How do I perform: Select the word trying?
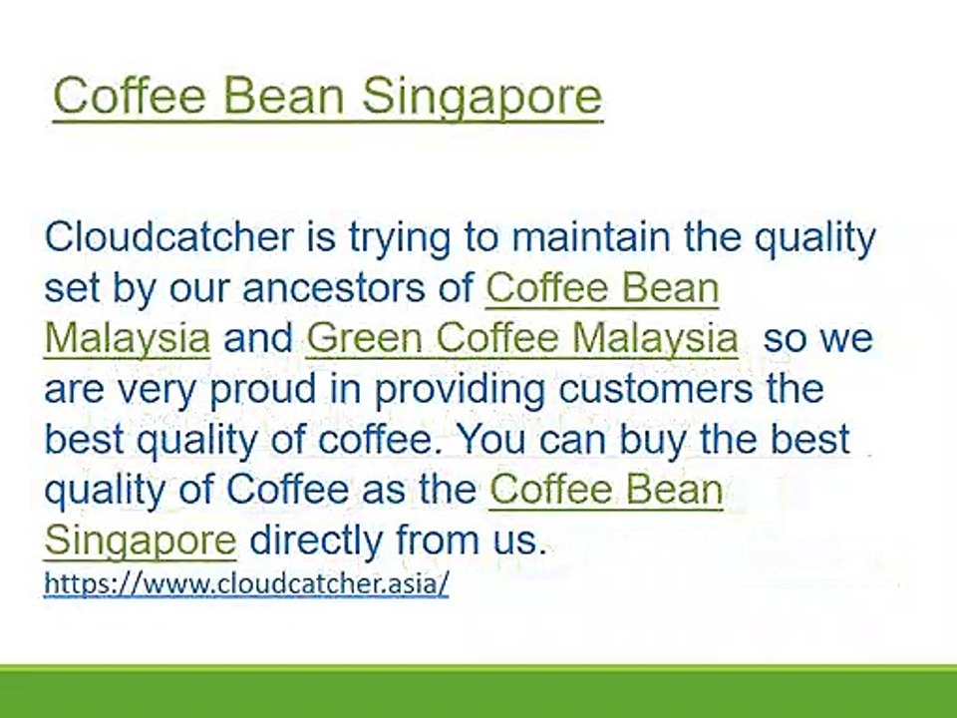[400, 239]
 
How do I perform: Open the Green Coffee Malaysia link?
[522, 339]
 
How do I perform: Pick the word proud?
[262, 391]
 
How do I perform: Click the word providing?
[460, 391]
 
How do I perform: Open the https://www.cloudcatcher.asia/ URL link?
[246, 583]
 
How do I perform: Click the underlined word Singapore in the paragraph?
[141, 541]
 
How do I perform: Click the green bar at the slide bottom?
[478, 691]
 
